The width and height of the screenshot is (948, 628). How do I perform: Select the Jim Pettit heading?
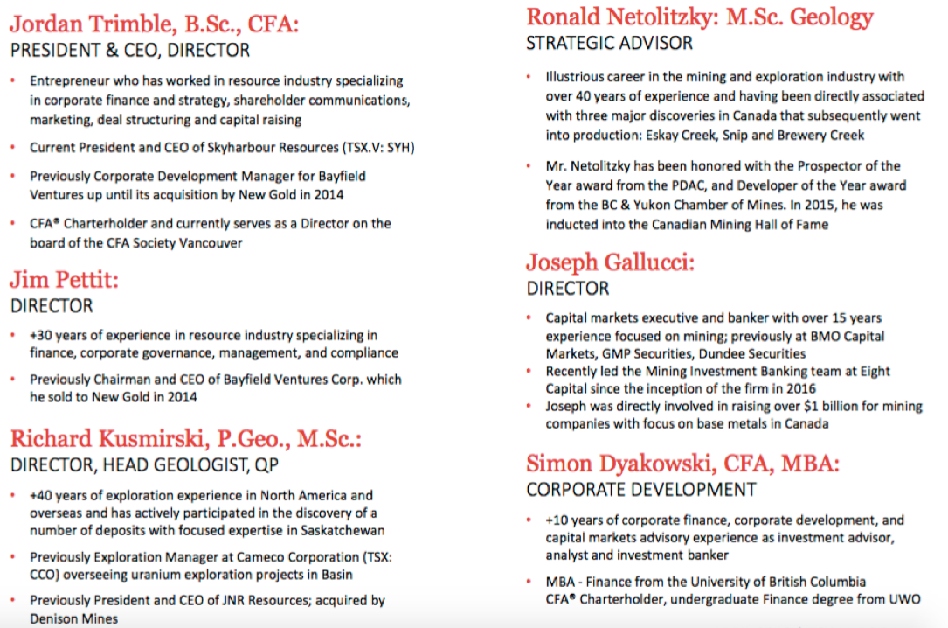click(x=64, y=280)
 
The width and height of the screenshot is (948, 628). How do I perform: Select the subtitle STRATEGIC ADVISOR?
click(x=609, y=43)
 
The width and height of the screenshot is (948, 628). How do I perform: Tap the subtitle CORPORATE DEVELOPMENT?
click(x=640, y=490)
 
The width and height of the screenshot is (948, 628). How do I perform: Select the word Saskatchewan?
click(x=342, y=530)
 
